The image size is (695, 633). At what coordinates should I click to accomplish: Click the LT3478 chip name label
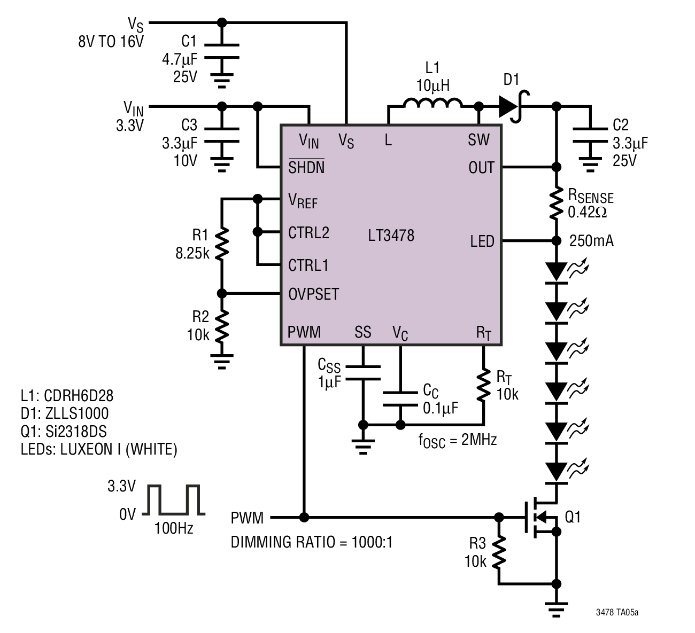391,236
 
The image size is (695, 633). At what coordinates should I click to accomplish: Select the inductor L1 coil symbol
433,103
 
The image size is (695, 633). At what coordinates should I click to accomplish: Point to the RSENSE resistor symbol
556,204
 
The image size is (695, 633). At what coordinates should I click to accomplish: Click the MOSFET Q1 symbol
542,517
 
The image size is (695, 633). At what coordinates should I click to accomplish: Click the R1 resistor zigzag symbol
222,244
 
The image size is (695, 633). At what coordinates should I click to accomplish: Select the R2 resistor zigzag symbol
222,326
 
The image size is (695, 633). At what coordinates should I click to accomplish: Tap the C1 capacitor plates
222,51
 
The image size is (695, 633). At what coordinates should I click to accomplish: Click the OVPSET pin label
313,294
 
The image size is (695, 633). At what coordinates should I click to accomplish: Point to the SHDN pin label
306,167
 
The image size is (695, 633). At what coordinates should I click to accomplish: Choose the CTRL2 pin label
308,233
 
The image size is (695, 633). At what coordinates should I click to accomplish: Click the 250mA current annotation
591,241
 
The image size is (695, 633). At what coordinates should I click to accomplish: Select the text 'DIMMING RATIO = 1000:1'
312,542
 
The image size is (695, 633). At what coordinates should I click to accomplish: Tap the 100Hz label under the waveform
173,529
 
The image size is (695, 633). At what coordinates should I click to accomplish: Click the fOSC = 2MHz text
457,441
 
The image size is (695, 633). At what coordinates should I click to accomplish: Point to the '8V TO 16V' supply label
111,42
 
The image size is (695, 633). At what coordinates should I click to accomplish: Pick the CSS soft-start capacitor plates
363,373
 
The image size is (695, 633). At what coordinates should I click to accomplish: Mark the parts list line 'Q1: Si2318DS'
64,432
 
